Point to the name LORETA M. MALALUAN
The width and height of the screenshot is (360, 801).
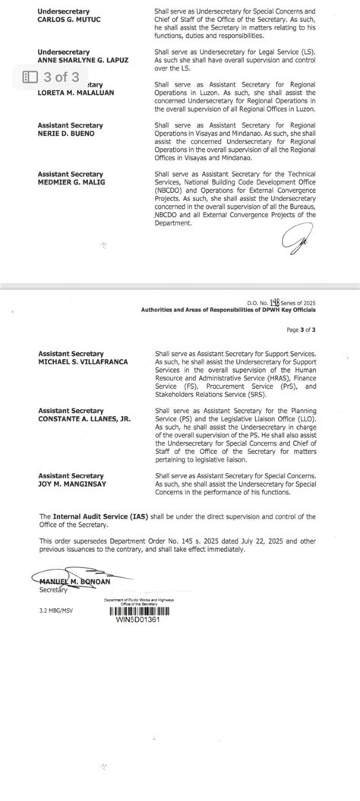click(x=72, y=93)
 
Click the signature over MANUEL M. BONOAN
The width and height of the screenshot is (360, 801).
click(x=76, y=580)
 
